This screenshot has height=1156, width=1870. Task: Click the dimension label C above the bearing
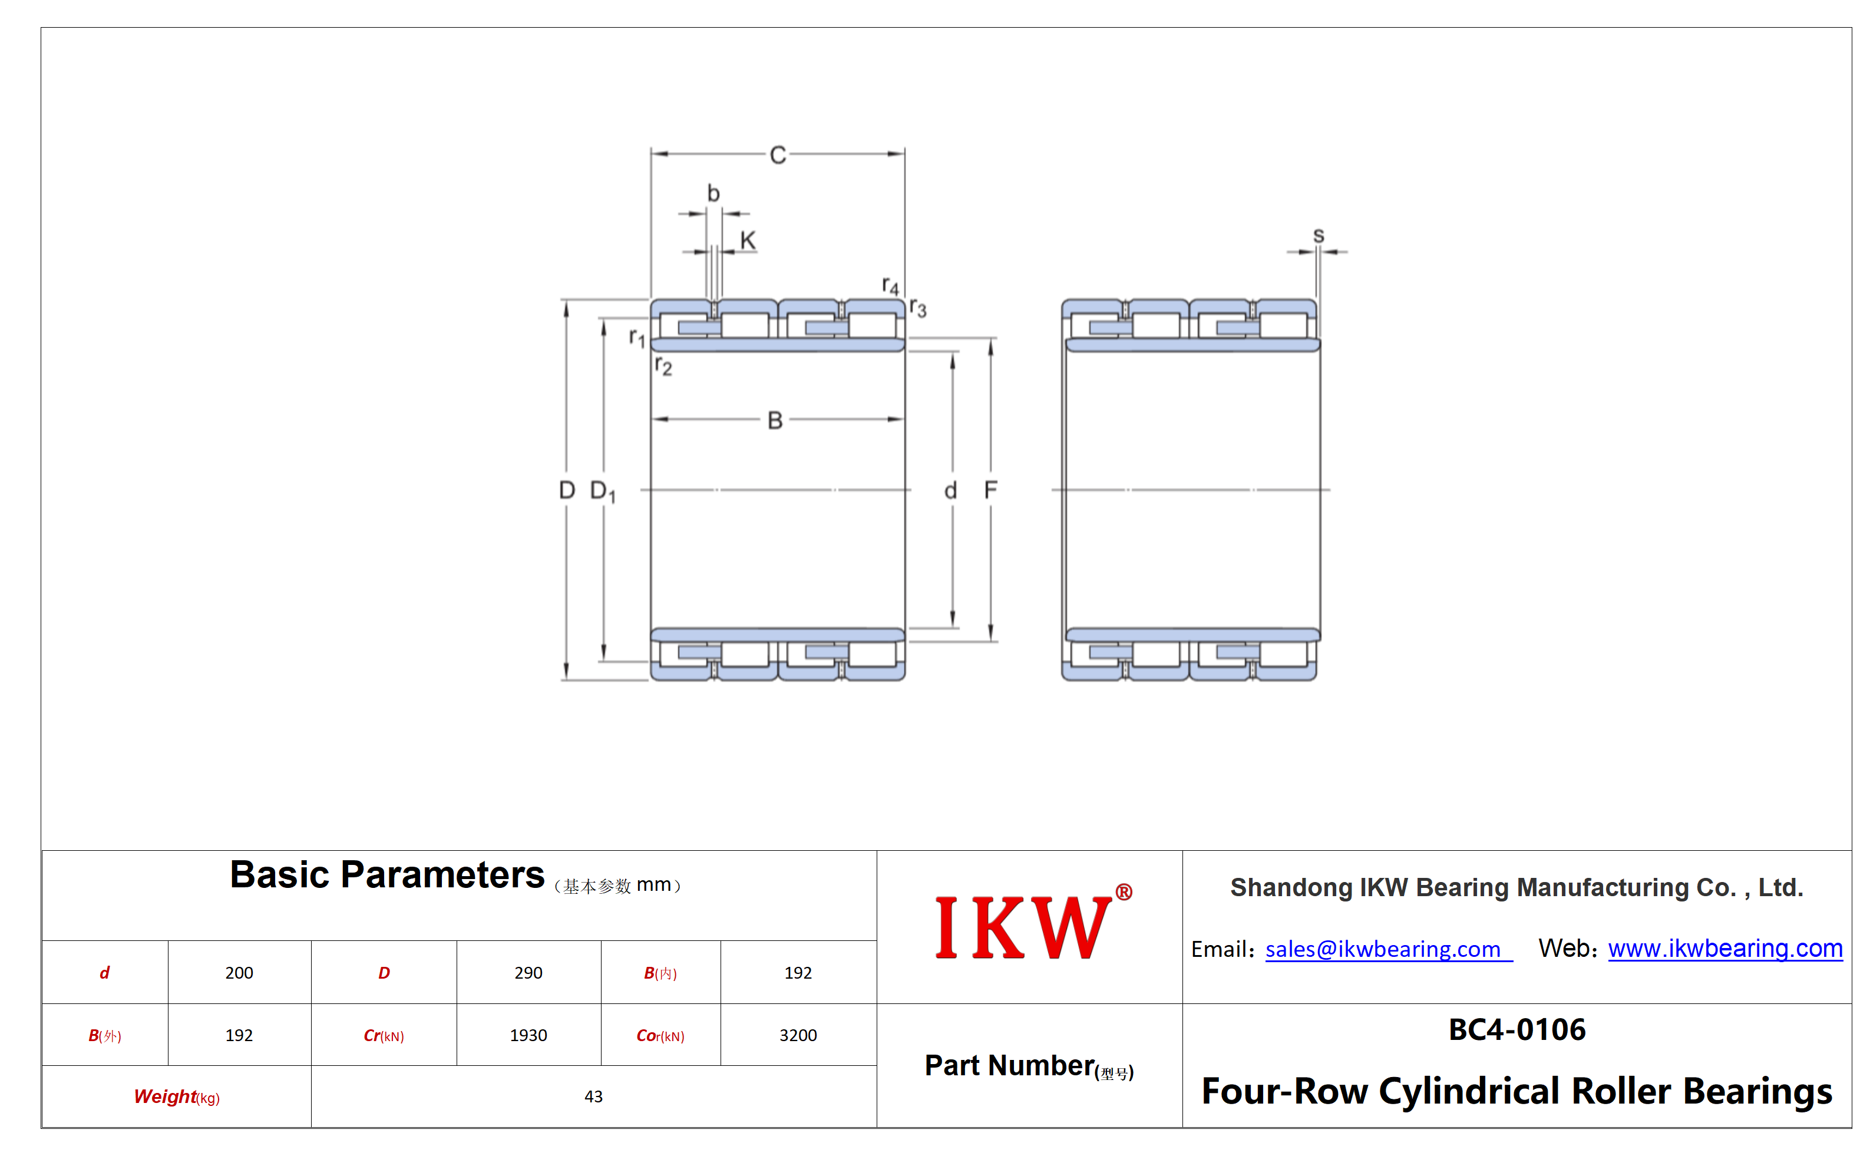point(778,155)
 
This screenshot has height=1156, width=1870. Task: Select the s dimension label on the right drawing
point(1318,236)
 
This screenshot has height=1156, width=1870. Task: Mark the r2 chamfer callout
point(663,366)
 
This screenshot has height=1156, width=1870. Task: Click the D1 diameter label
point(603,491)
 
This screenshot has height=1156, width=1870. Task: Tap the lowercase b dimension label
point(713,193)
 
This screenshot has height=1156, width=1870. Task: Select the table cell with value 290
point(528,973)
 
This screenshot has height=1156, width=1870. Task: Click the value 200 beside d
point(239,973)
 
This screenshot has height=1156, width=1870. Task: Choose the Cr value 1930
point(528,1035)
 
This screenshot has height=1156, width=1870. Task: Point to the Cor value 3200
point(798,1035)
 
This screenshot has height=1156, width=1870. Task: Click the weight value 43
point(593,1096)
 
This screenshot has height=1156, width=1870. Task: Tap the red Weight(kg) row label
point(177,1097)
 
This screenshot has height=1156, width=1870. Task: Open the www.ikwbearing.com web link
point(1726,948)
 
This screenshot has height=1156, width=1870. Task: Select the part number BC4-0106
point(1517,1030)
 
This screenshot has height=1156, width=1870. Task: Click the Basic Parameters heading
point(387,874)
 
